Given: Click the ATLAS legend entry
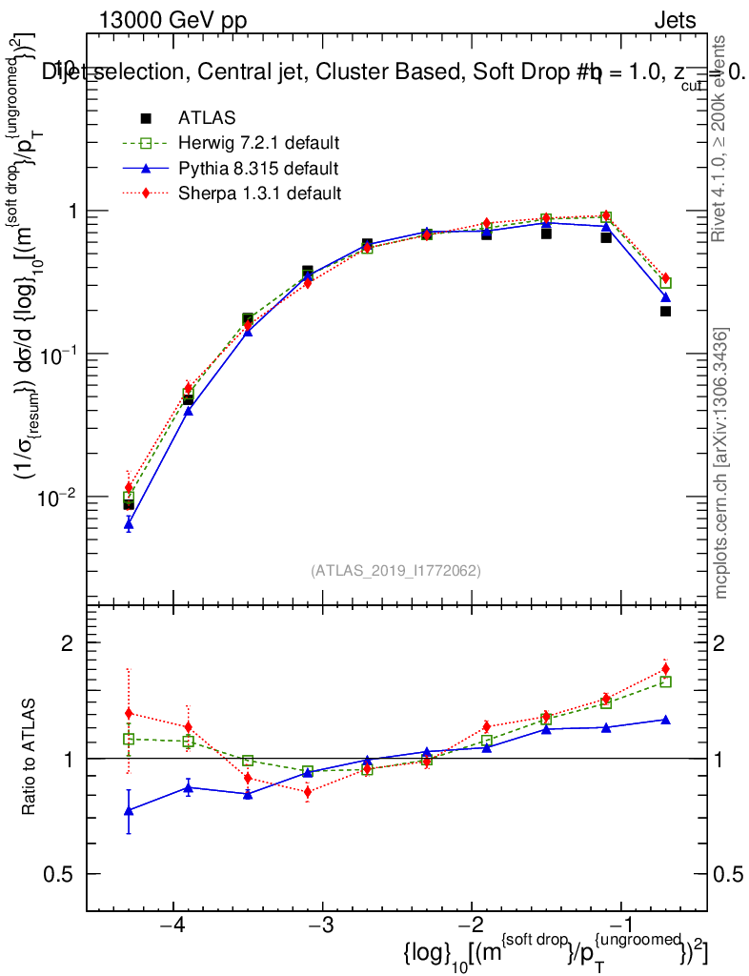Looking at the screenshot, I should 206,118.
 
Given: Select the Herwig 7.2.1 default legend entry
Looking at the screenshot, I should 258,144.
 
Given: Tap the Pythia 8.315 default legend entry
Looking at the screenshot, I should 257,169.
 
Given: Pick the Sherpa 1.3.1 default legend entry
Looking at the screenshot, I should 259,193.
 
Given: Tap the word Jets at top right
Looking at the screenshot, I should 674,20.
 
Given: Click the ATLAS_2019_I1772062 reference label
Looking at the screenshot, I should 395,571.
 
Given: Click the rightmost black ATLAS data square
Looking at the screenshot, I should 665,311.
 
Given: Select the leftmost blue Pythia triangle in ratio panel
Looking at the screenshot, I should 129,810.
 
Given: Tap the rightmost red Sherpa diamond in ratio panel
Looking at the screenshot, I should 665,669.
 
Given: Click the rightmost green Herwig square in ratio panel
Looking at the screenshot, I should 665,681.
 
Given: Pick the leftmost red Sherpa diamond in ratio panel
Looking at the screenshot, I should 129,713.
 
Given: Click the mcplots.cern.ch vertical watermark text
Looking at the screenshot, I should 722,463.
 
